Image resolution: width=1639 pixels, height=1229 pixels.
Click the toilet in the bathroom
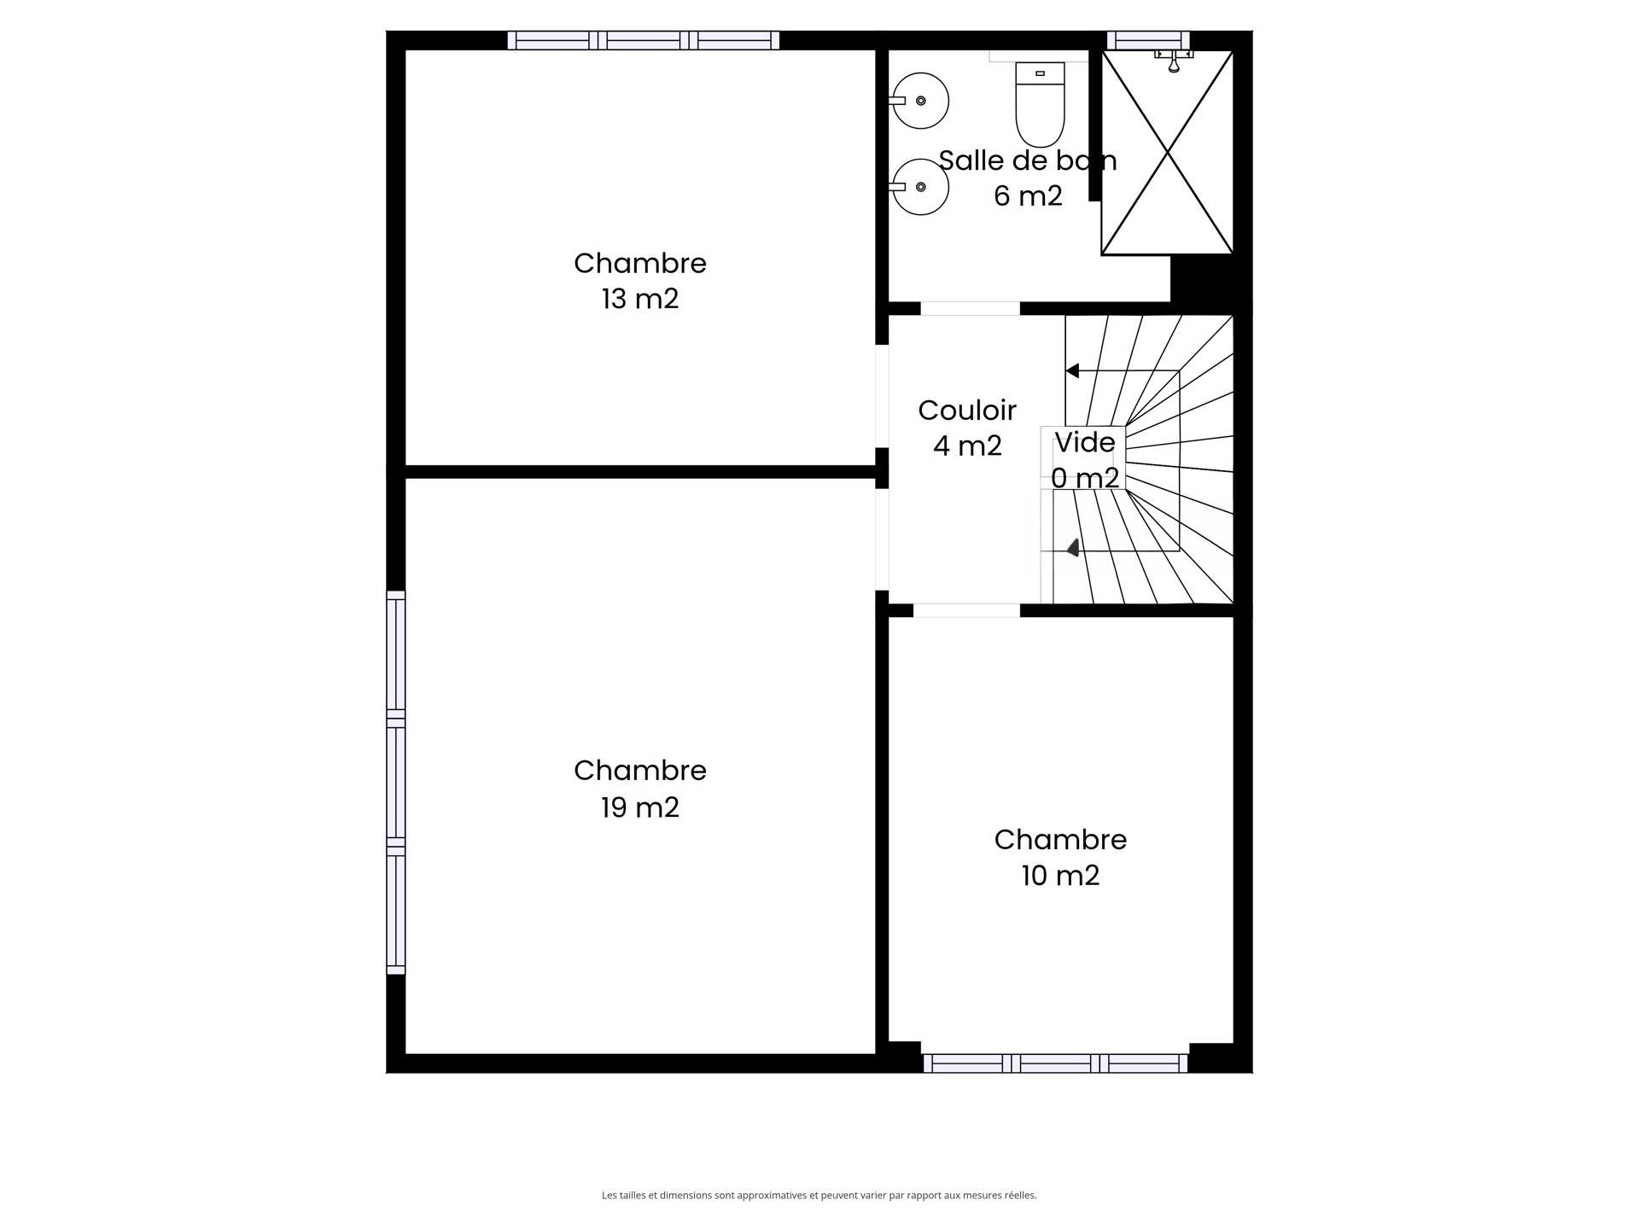pyautogui.click(x=1040, y=104)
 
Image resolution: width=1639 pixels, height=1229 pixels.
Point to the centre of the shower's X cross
pyautogui.click(x=1167, y=153)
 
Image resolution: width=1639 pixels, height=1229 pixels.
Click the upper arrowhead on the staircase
pyautogui.click(x=1073, y=370)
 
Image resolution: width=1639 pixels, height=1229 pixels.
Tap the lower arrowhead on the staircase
pyautogui.click(x=1073, y=548)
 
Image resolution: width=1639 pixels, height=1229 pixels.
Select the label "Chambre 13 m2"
pyautogui.click(x=640, y=281)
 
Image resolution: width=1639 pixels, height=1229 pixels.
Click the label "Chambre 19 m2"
pyautogui.click(x=640, y=789)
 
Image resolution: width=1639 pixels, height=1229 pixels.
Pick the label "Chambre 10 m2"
pyautogui.click(x=1060, y=858)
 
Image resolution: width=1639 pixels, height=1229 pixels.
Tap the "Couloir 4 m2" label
pyautogui.click(x=967, y=428)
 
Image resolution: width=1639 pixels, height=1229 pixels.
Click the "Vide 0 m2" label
pyautogui.click(x=1085, y=460)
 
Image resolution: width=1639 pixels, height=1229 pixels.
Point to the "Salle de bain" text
pyautogui.click(x=1028, y=160)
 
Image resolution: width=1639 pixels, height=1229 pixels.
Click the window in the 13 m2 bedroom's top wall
pyautogui.click(x=644, y=40)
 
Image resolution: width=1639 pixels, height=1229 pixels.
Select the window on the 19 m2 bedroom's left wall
pyautogui.click(x=395, y=782)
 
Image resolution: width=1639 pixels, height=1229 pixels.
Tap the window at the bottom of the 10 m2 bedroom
pyautogui.click(x=1055, y=1063)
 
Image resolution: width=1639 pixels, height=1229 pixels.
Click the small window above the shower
pyautogui.click(x=1148, y=40)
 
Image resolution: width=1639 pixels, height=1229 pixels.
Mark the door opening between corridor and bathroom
pyautogui.click(x=970, y=308)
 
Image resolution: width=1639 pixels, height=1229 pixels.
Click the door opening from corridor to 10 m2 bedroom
pyautogui.click(x=966, y=610)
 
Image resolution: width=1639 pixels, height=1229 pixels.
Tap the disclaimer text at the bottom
pyautogui.click(x=819, y=1196)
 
